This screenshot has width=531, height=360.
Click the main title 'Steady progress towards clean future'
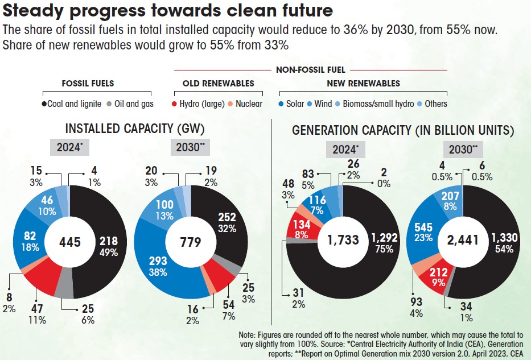point(168,11)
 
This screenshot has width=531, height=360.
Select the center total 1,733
point(343,239)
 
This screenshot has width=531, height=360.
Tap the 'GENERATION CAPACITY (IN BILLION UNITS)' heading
point(403,131)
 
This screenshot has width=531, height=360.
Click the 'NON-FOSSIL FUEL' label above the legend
point(311,70)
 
